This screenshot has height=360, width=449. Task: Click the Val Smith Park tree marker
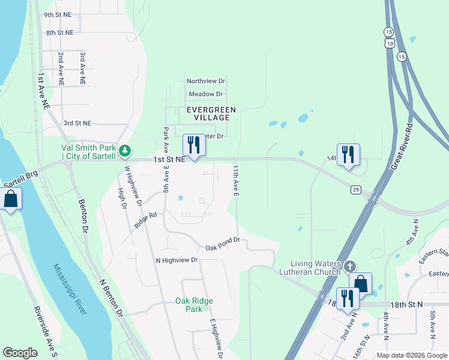coord(125,151)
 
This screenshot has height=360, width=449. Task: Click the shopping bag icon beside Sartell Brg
coord(11,199)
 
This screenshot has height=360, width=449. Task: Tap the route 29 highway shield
coord(355,190)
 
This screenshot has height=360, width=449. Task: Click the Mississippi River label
coord(70,288)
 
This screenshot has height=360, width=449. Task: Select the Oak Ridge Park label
coord(194,305)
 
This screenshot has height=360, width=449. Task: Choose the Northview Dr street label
coord(205,80)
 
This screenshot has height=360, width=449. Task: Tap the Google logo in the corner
coord(20,353)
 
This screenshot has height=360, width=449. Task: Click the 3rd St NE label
coord(77,123)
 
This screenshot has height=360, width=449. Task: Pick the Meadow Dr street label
coord(205,94)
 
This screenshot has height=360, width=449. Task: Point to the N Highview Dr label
coord(176,260)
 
